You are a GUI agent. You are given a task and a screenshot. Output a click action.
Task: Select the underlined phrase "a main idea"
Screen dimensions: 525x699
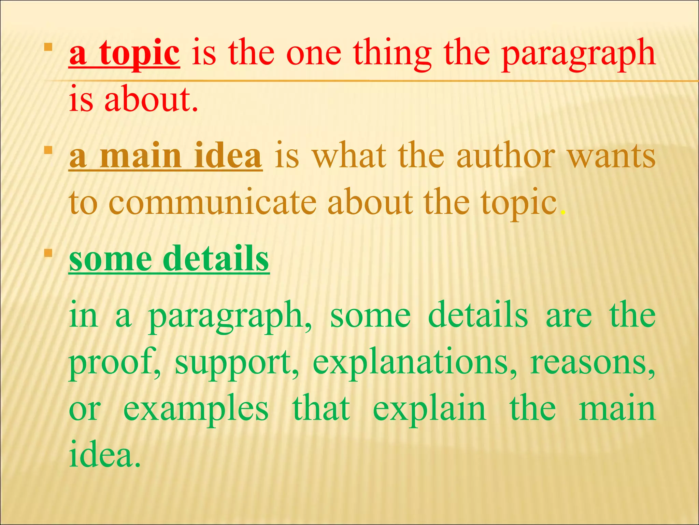[166, 156]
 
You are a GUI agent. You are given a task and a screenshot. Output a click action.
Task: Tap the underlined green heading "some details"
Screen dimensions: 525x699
[169, 259]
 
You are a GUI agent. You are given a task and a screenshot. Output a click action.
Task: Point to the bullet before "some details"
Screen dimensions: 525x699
[48, 253]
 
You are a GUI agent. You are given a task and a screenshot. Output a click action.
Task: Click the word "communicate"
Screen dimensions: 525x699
[212, 202]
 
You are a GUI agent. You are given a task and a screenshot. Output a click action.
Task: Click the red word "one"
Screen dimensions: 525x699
[314, 55]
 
